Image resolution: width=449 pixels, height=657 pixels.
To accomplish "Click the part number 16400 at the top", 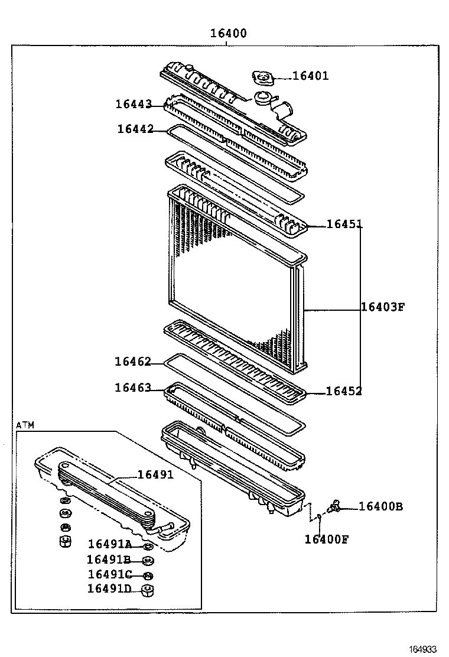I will click(x=228, y=34).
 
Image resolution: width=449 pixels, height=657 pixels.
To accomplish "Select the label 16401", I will click(x=311, y=76).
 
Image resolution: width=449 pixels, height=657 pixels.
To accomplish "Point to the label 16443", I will click(x=134, y=104).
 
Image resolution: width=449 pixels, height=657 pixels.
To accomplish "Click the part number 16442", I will click(x=135, y=129).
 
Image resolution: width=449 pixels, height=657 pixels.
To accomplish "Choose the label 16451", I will click(x=344, y=224).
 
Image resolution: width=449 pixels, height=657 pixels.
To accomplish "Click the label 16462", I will click(x=133, y=362).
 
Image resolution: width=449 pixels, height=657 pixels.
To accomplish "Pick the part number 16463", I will click(x=133, y=388).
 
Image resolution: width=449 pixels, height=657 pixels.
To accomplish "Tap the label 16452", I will click(x=344, y=391).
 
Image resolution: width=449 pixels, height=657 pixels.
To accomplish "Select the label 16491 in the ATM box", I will click(x=155, y=474).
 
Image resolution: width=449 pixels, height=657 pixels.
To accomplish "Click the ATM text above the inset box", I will click(x=25, y=425).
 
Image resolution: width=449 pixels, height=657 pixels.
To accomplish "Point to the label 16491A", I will click(x=110, y=544).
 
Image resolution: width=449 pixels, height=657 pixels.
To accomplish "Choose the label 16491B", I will click(x=109, y=560).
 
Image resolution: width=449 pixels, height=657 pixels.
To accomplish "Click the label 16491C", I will click(x=109, y=574).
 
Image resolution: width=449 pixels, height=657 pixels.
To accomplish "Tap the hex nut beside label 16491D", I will click(x=149, y=589).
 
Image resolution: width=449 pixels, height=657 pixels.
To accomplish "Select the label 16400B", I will click(x=380, y=506).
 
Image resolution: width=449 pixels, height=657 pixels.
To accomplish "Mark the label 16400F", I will click(x=327, y=538).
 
